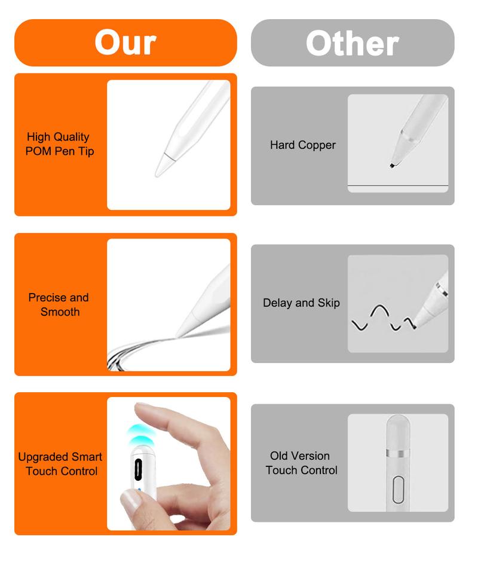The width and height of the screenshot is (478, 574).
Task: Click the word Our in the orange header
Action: (x=125, y=42)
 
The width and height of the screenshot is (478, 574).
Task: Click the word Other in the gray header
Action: (x=352, y=43)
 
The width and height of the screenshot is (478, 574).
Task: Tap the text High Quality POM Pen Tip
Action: (x=60, y=144)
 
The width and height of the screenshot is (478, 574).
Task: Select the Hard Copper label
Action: (x=302, y=145)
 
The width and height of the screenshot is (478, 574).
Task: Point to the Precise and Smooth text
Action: (x=59, y=304)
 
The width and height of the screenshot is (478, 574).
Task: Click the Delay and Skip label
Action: (x=301, y=303)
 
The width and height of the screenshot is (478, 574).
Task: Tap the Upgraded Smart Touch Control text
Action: (x=60, y=464)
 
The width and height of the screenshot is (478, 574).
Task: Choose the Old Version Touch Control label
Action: (x=301, y=463)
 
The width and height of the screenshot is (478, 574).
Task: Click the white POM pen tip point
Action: (x=160, y=172)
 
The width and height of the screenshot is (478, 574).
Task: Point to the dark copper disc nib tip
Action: (x=392, y=165)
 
